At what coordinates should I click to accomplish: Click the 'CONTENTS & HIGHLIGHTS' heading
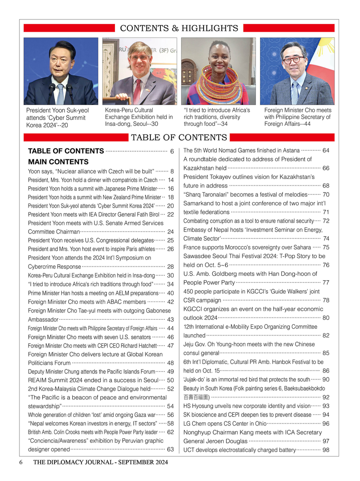click(179, 28)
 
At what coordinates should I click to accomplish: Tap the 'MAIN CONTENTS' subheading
click(58, 162)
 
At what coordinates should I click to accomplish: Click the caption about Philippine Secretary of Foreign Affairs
click(298, 117)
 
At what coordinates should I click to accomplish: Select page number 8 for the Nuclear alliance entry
click(172, 172)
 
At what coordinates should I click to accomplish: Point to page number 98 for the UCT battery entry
click(325, 450)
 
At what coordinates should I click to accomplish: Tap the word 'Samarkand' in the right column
click(199, 203)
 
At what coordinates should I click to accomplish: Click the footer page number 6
click(21, 462)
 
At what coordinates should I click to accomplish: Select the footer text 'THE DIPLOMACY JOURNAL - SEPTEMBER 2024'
click(100, 462)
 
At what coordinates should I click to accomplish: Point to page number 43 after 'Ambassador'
click(170, 320)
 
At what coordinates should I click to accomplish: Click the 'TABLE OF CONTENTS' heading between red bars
click(179, 138)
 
